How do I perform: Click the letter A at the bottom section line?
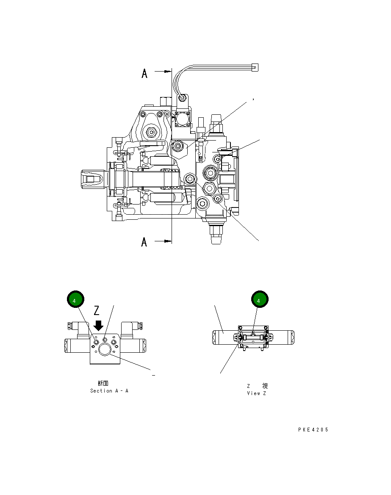pos(144,242)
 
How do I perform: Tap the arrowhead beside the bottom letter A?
pos(167,241)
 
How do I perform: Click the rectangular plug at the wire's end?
pos(255,67)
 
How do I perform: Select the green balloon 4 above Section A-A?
pos(75,300)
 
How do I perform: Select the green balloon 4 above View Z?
pos(259,300)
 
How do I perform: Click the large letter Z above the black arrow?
pos(97,311)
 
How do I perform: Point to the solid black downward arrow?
pos(98,325)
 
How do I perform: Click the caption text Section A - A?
pos(109,391)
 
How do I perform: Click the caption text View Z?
pos(256,393)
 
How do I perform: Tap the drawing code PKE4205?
pos(313,430)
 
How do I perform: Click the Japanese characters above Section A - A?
pos(103,383)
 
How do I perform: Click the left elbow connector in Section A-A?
pos(74,326)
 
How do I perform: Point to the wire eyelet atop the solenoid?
pos(182,99)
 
